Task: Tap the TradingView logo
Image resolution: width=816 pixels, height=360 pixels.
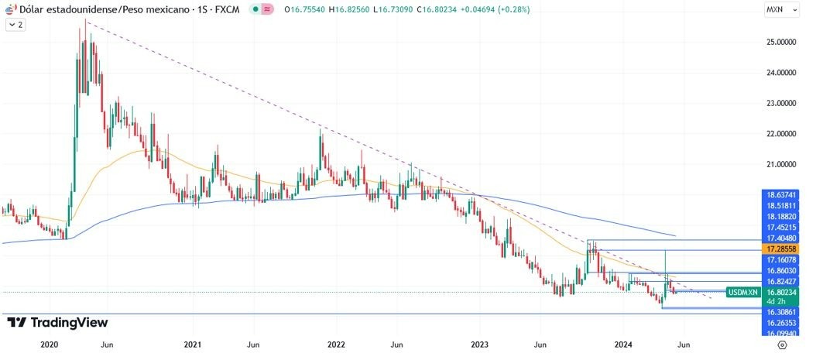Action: [x=57, y=322]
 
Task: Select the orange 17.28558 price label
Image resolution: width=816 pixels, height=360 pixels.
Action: [x=781, y=249]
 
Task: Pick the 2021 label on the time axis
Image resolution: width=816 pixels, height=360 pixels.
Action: [x=193, y=344]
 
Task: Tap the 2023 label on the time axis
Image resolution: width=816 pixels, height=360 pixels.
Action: [x=480, y=344]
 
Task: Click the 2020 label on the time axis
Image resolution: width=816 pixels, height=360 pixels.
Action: [x=49, y=344]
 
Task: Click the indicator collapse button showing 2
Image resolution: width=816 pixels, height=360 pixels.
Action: [x=15, y=25]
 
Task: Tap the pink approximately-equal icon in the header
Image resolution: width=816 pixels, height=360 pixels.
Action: [x=267, y=9]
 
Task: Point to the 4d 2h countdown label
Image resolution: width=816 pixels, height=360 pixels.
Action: [x=777, y=301]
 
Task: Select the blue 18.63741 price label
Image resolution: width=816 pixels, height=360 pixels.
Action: [x=781, y=194]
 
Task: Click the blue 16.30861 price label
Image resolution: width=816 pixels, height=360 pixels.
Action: [x=781, y=310]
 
